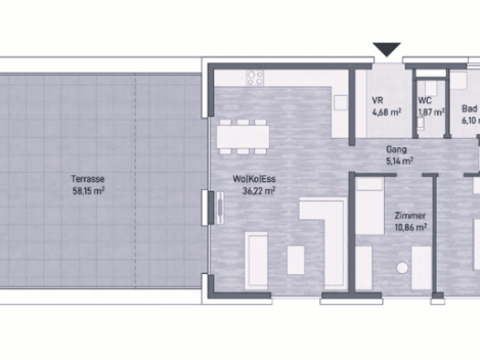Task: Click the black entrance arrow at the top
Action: [x=388, y=49]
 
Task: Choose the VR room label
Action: [x=377, y=101]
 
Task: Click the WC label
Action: [x=425, y=101]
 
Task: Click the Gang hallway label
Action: [x=397, y=148]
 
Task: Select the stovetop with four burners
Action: [x=253, y=78]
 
